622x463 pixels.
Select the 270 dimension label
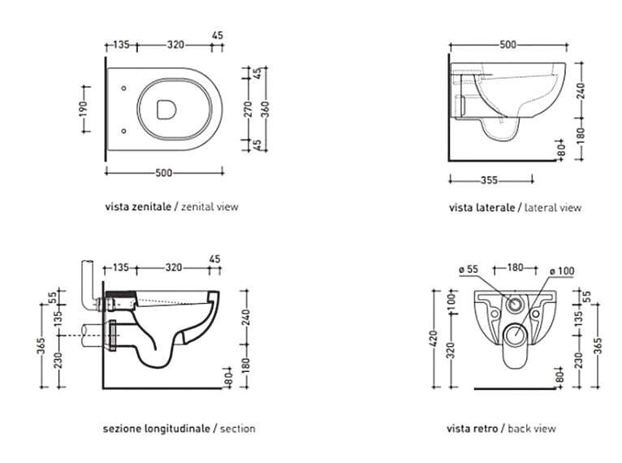coord(250,108)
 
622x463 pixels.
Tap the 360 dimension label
coord(266,108)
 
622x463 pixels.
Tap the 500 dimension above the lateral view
coord(508,45)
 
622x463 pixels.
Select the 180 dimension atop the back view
coord(515,266)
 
